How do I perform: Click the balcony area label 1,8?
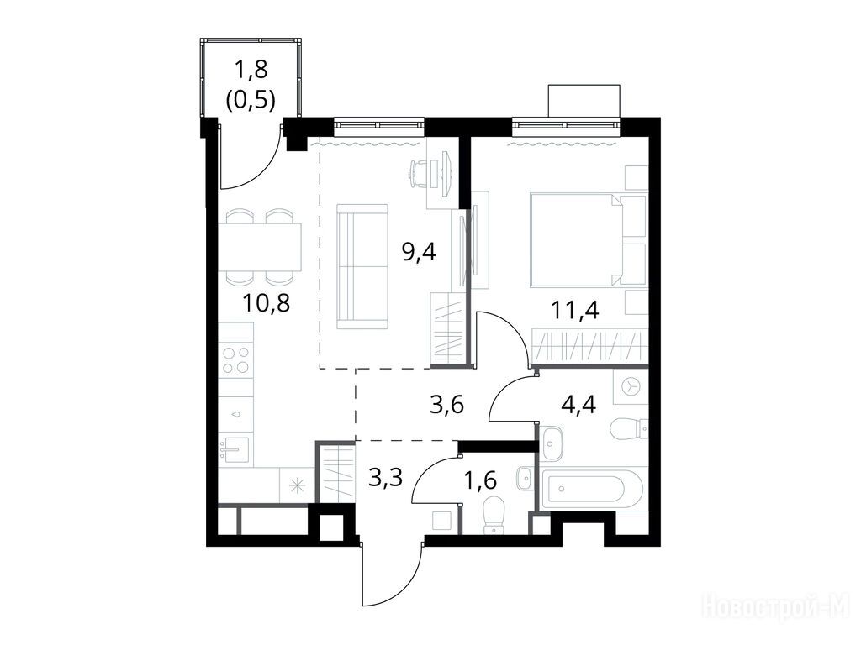point(251,71)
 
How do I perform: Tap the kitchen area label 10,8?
point(266,302)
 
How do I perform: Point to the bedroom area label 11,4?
point(575,311)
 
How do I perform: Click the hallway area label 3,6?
point(446,406)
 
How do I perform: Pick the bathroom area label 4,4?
point(578,406)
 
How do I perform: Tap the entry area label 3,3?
point(385,478)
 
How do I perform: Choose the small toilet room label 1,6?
point(480,480)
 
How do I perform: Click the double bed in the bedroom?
point(577,240)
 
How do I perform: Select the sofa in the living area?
point(362,266)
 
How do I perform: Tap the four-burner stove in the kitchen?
point(236,360)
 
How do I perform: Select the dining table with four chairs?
point(261,247)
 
